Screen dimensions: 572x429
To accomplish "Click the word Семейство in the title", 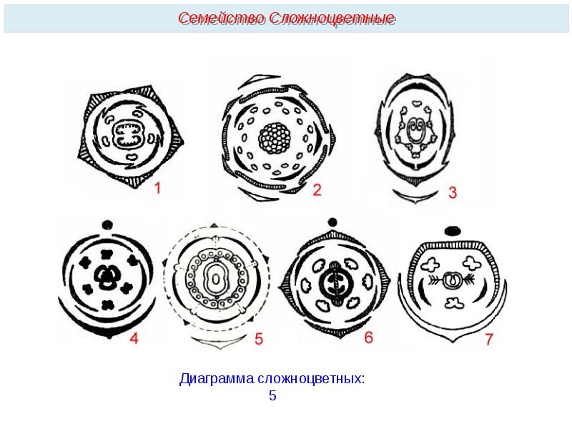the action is [x=222, y=19].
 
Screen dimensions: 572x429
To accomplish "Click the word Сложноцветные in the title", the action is [x=332, y=19].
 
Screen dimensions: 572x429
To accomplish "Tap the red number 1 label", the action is [x=157, y=188].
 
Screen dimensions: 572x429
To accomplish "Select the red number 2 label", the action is [x=317, y=190].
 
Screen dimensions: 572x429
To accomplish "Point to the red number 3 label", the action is [x=453, y=192].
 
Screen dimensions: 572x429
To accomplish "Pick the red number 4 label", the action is [x=134, y=338].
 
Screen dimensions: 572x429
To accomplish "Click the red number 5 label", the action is [x=259, y=339].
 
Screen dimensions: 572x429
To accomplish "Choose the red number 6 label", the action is [x=369, y=337].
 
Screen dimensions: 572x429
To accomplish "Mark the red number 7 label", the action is [x=489, y=339].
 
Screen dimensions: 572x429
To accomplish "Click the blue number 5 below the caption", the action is [x=272, y=396].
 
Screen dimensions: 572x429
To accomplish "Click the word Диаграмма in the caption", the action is [x=217, y=379].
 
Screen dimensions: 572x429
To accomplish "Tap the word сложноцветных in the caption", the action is [x=311, y=379].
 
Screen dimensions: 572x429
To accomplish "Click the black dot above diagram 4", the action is [x=107, y=225].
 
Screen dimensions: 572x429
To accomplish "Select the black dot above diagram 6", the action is [x=332, y=222].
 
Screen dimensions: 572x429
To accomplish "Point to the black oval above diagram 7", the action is [x=453, y=230].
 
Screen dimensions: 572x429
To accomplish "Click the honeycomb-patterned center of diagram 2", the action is [x=275, y=138].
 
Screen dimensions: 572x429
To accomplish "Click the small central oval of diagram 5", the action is [x=217, y=280].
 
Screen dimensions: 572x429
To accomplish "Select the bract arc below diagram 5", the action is [x=220, y=342].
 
